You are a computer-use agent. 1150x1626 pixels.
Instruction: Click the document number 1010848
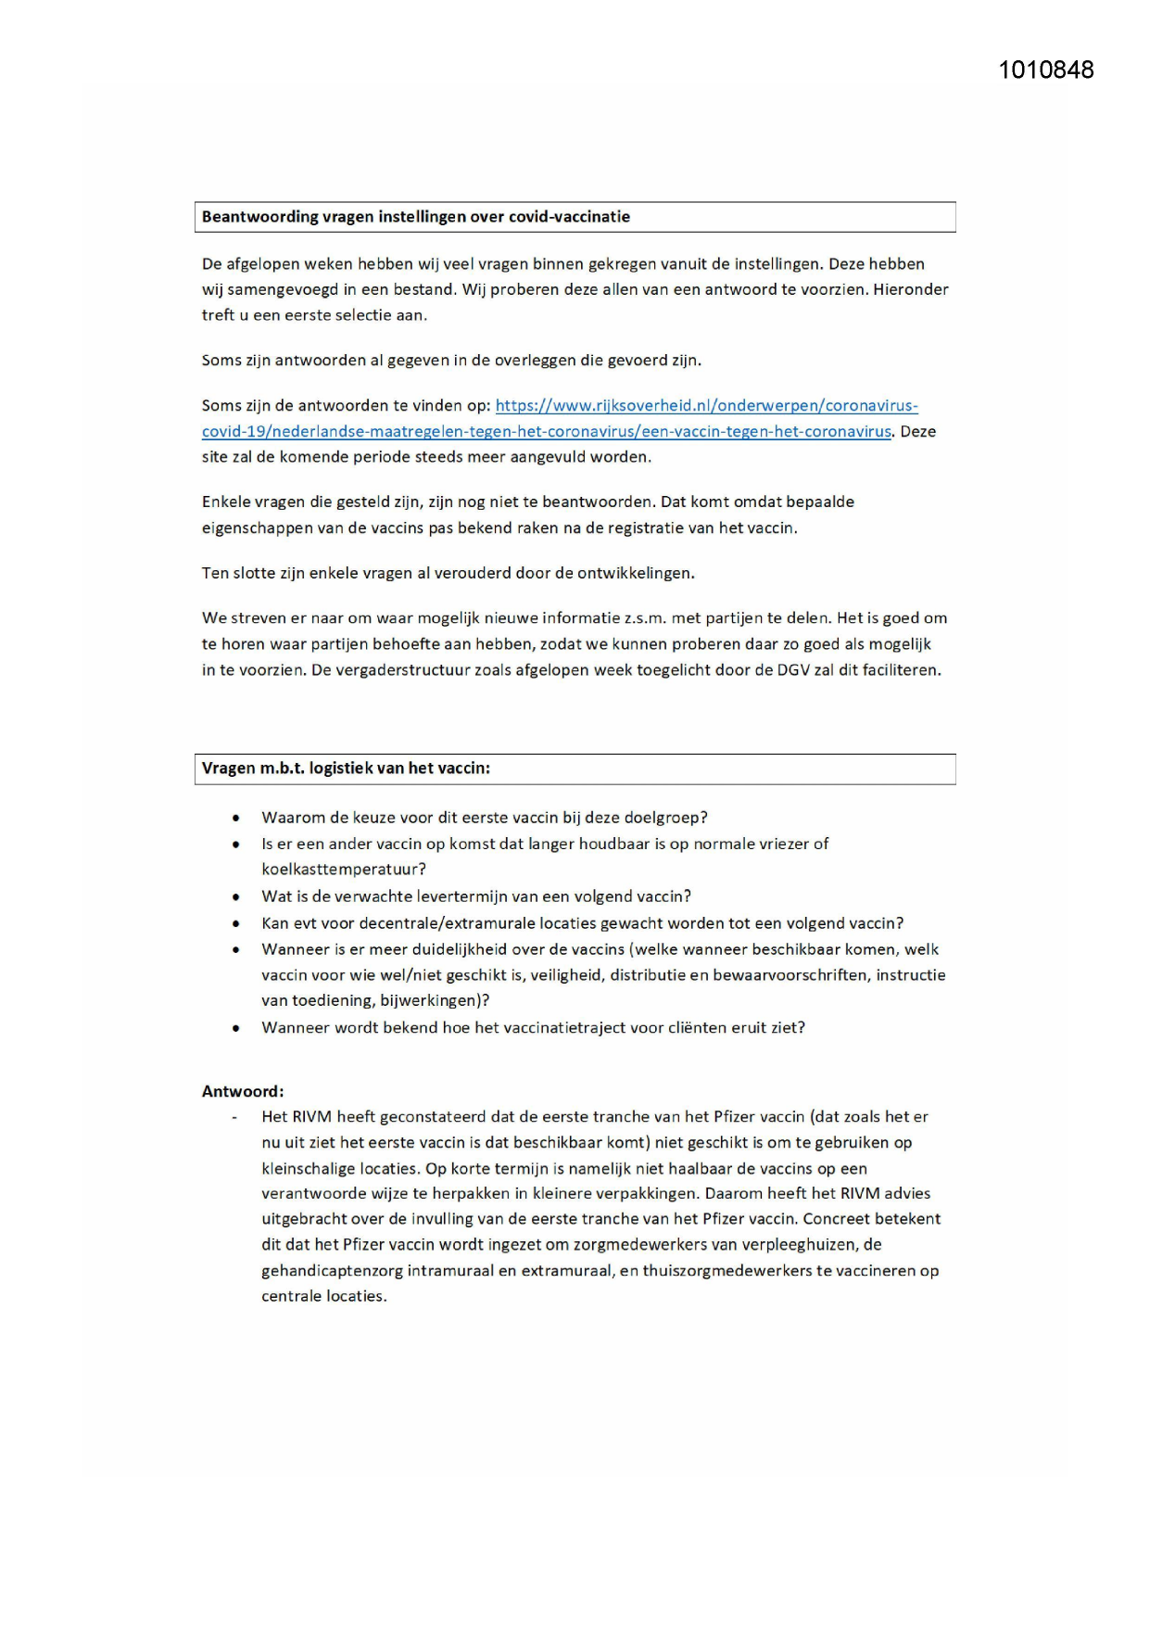tap(1045, 70)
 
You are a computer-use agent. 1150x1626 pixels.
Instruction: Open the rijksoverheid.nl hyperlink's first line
tap(706, 406)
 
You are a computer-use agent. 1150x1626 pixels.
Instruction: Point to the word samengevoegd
tap(283, 289)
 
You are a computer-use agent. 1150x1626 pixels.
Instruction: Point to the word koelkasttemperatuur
tap(342, 870)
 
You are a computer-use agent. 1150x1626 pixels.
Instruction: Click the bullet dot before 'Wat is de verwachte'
tap(236, 897)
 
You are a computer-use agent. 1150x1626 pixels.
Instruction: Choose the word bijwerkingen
tap(433, 1001)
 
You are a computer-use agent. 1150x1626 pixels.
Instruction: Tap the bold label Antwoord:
tap(243, 1092)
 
